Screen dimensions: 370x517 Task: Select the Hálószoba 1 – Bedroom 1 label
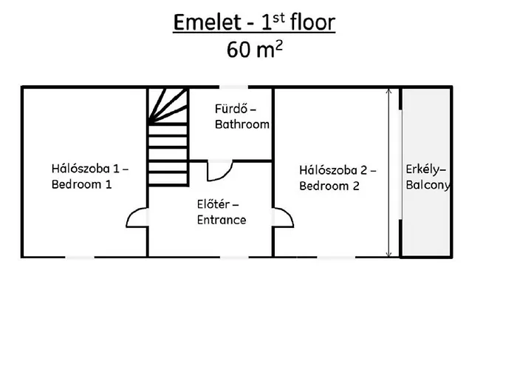(x=89, y=177)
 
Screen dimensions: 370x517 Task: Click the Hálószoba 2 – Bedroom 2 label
(x=338, y=178)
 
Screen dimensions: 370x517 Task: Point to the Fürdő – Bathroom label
(x=242, y=117)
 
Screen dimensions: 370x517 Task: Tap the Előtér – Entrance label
(x=222, y=212)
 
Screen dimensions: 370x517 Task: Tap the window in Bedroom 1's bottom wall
(x=80, y=257)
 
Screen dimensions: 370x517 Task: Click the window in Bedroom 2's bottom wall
(x=337, y=257)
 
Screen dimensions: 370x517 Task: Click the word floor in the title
(x=307, y=23)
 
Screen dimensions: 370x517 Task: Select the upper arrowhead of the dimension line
(x=389, y=92)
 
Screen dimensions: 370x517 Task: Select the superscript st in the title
(x=275, y=16)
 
